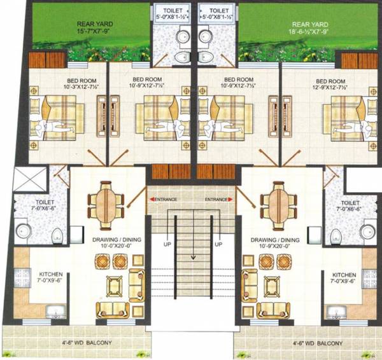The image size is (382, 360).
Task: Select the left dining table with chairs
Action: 104,202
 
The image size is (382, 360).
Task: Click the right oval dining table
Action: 278,202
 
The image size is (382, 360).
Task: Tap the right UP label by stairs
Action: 218,245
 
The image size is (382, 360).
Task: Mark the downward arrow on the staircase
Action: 192,258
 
